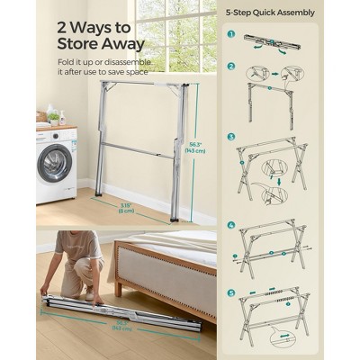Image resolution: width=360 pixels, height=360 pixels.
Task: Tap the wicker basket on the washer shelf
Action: (41, 117)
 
